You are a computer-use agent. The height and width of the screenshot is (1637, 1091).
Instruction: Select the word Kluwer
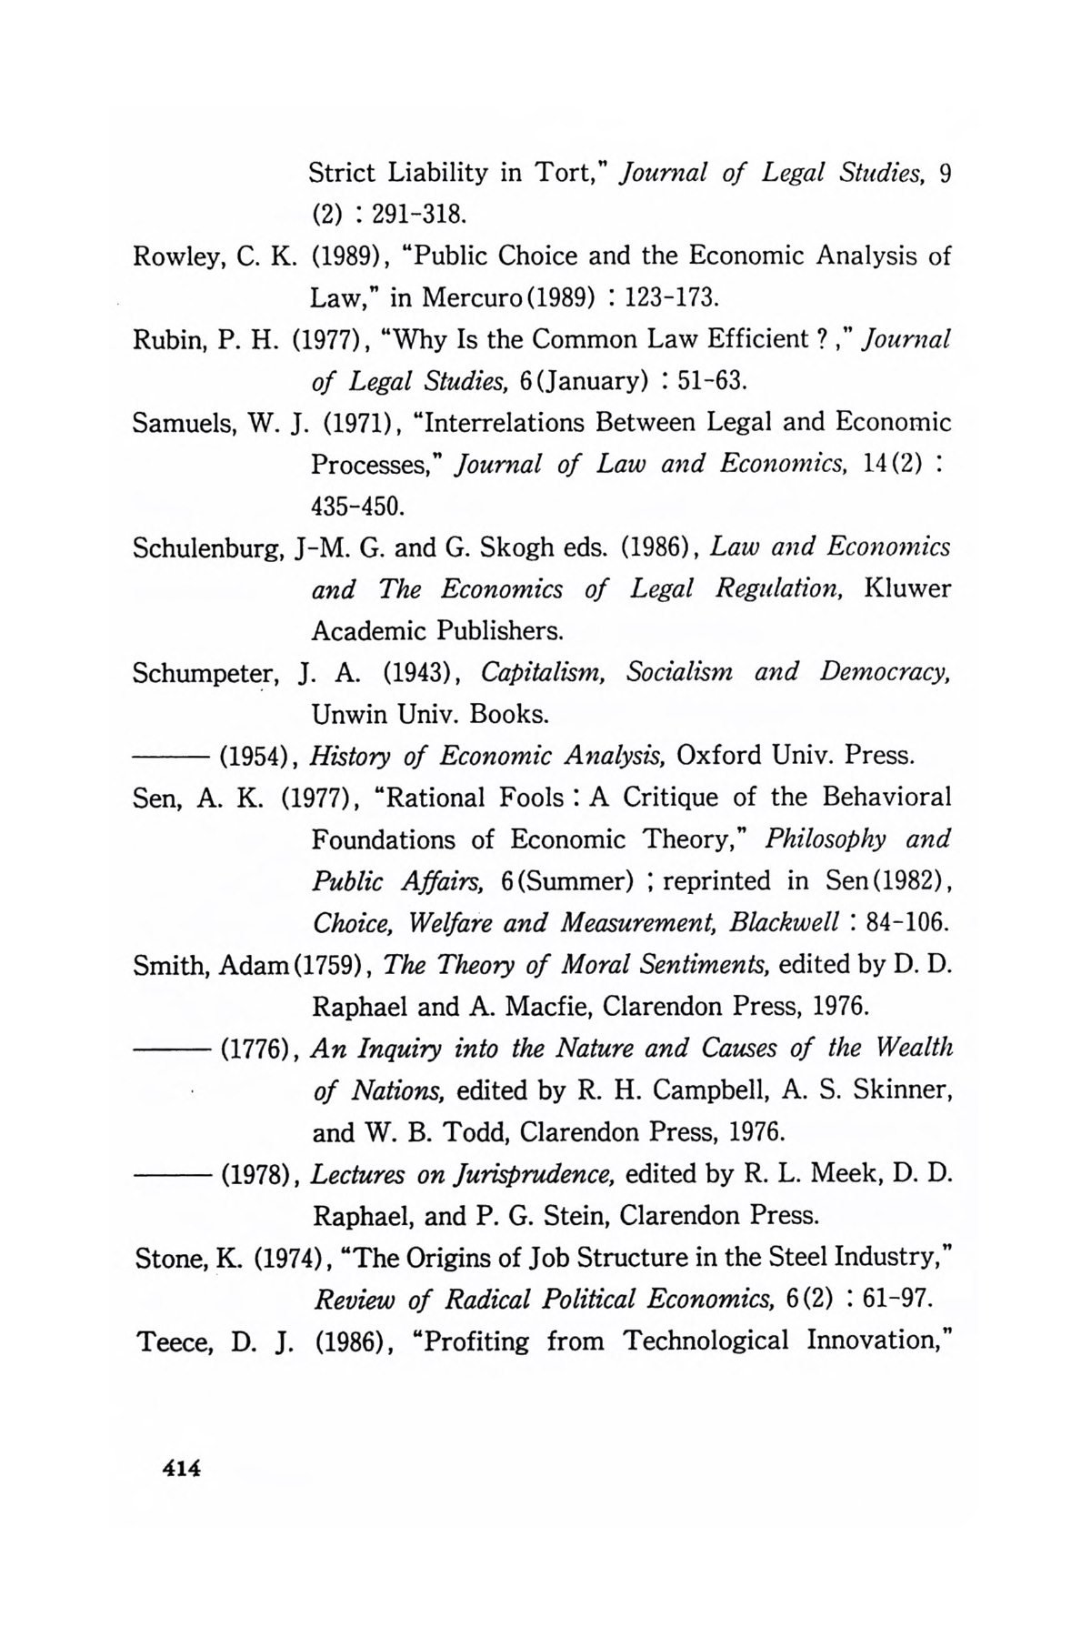(x=908, y=588)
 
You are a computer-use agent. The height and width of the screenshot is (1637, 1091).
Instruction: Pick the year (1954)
(x=256, y=756)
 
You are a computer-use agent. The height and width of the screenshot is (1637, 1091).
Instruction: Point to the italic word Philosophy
(x=826, y=839)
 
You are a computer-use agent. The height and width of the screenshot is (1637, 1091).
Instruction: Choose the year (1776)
(x=256, y=1049)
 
